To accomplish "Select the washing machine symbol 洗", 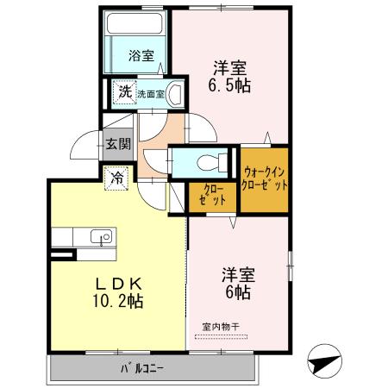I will click(125, 92).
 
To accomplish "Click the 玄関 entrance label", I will click(118, 145).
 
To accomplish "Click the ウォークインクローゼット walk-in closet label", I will click(264, 178).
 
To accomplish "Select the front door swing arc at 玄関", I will click(84, 145).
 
